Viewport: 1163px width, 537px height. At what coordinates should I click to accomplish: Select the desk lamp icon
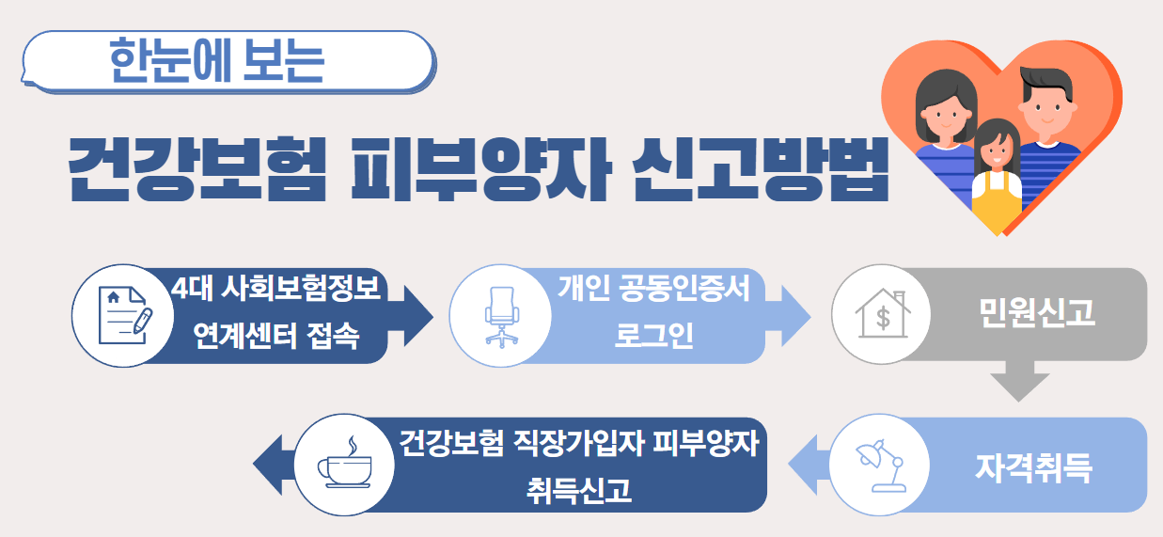point(878,465)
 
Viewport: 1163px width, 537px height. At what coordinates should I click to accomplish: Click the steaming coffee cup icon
point(344,465)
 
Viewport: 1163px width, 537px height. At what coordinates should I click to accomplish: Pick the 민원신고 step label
point(1036,314)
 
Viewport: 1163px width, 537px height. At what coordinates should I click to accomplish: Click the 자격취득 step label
point(1033,466)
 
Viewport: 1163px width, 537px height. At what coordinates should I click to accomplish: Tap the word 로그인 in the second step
point(654,336)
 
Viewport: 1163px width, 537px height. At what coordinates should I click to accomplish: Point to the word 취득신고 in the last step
point(579,489)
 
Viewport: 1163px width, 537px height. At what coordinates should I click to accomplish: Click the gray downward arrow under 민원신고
point(1020,381)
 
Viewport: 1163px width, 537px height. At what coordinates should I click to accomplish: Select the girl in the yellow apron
point(997,179)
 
